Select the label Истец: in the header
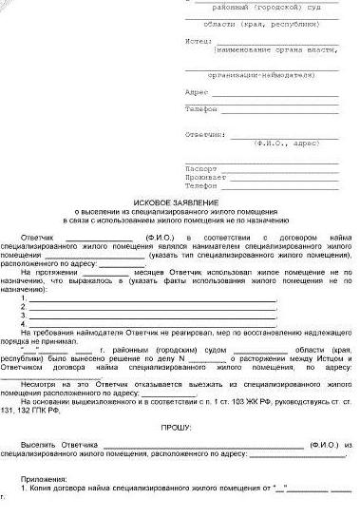(x=199, y=42)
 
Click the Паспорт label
(x=198, y=166)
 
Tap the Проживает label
(x=200, y=176)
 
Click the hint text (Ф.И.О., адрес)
(x=286, y=144)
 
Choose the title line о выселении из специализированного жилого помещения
(x=180, y=214)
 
